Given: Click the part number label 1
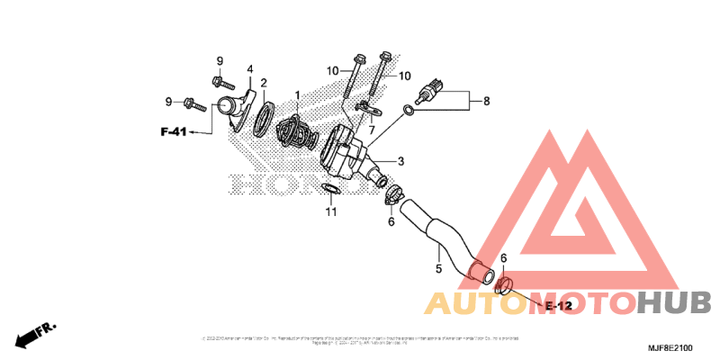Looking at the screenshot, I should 296,94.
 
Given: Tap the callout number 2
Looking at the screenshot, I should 264,84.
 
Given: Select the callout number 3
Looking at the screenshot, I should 400,162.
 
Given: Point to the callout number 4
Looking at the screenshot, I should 249,68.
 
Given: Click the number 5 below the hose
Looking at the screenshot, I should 438,268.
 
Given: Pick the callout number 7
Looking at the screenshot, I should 371,130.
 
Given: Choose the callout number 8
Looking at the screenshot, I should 486,101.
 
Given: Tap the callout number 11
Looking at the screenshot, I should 330,212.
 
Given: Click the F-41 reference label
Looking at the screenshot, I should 174,132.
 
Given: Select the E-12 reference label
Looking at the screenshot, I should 558,307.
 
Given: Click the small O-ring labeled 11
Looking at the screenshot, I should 330,189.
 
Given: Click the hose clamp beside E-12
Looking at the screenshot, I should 504,287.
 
